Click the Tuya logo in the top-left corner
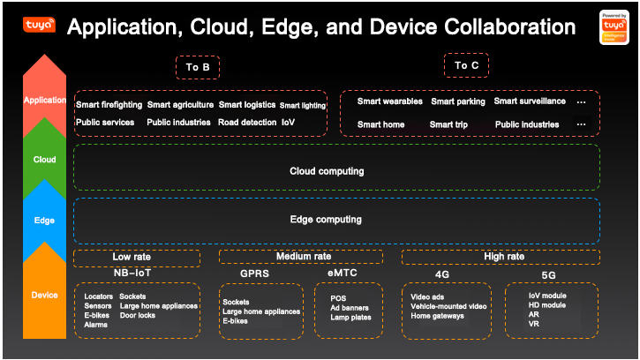pos(38,25)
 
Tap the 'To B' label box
pos(198,67)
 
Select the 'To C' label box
pos(467,65)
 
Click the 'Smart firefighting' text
pos(109,105)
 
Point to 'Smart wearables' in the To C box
pos(388,101)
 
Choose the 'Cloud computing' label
pos(327,171)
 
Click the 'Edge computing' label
pos(327,219)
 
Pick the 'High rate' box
pos(505,257)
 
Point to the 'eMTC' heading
pos(344,274)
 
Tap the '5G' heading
pos(549,274)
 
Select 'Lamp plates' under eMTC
pos(351,318)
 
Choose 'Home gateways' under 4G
pos(437,316)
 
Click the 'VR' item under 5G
pos(534,324)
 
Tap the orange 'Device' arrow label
pos(45,295)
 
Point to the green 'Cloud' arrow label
pos(45,160)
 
